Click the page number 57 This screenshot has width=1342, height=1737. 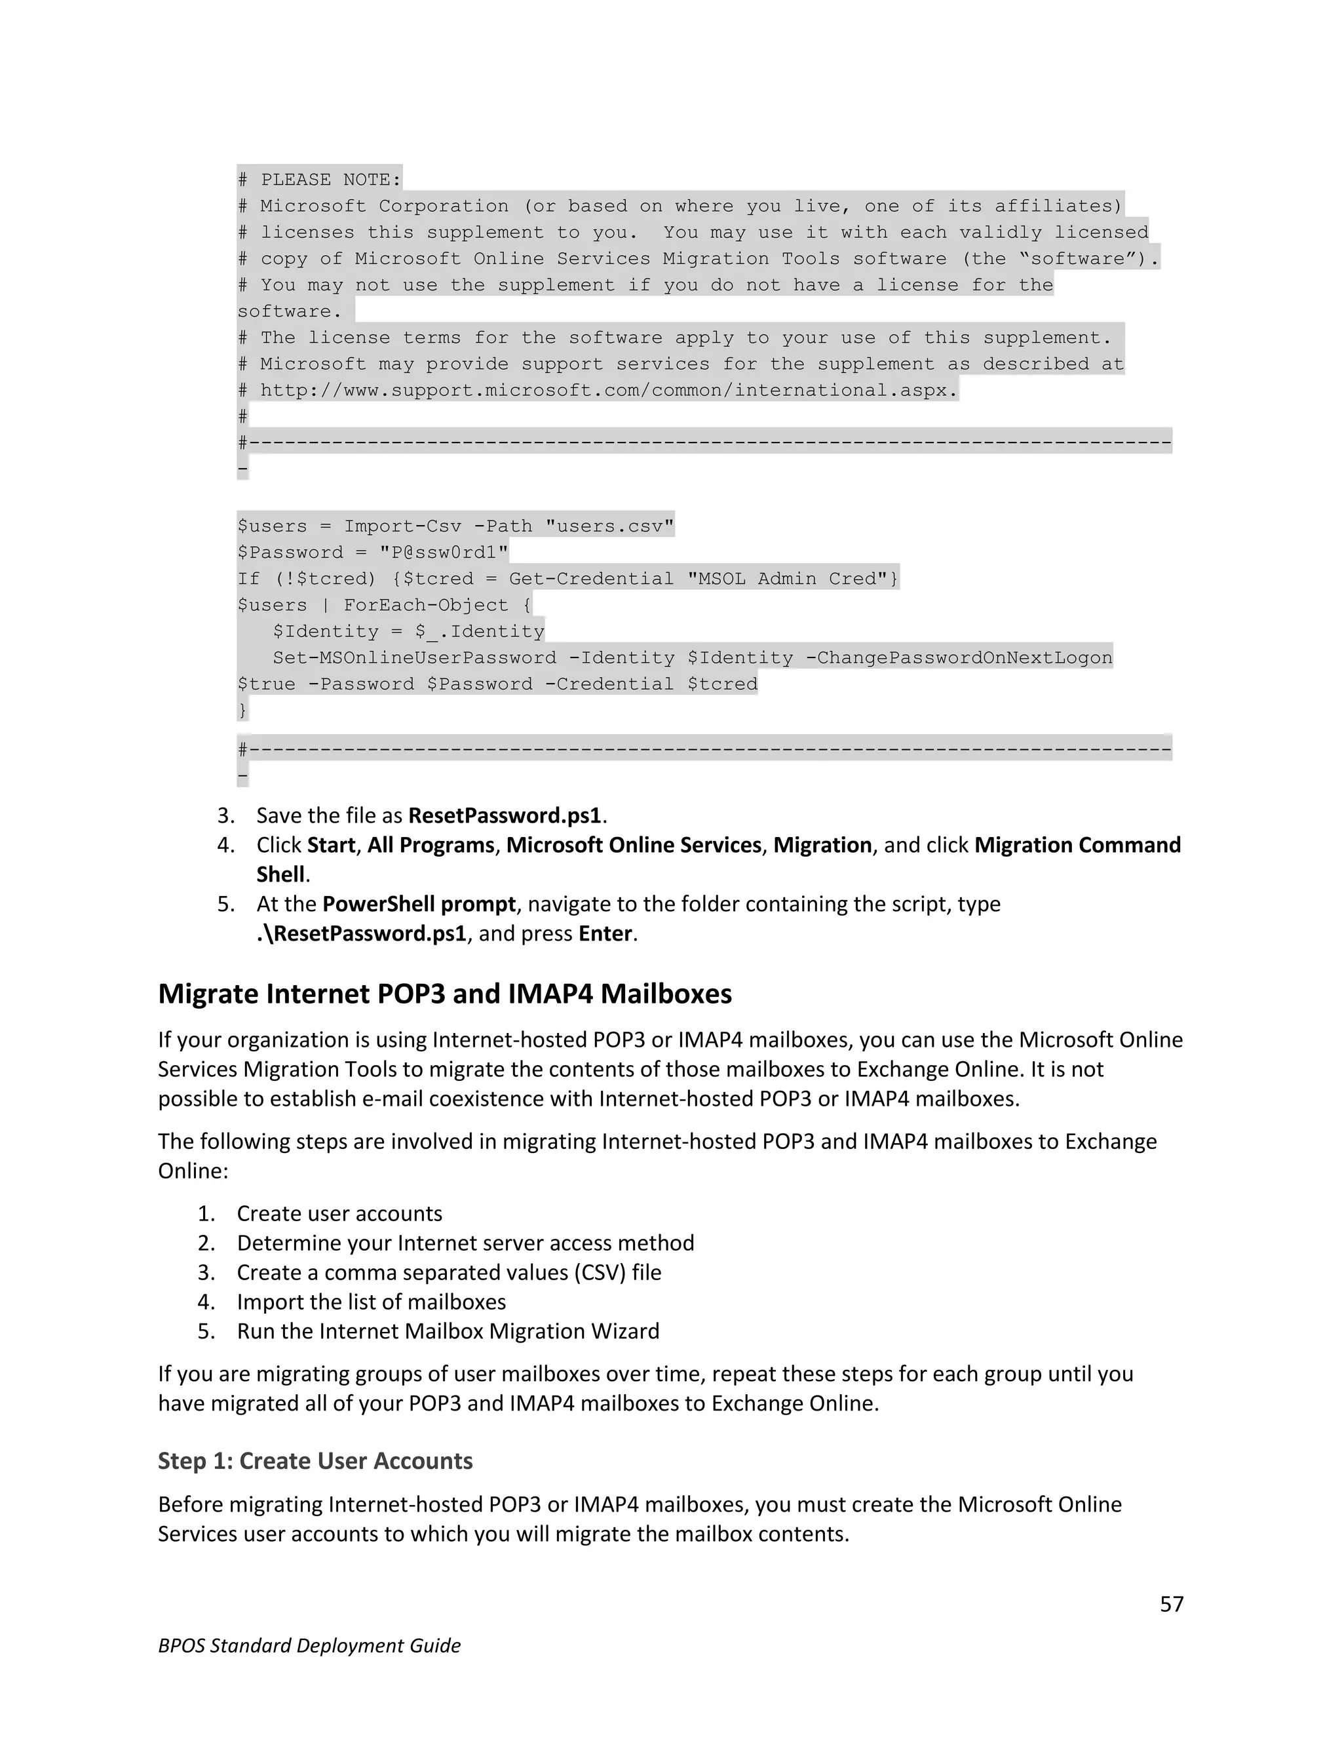1171,1603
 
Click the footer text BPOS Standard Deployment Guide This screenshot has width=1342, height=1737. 309,1645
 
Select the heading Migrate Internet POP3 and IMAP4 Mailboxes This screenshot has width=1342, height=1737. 444,994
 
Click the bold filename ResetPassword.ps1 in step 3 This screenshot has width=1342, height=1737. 505,815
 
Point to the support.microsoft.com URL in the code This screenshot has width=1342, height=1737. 608,391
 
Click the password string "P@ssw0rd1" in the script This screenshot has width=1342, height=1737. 444,552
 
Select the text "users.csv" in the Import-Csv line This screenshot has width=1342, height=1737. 610,526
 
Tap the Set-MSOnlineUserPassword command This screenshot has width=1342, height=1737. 414,657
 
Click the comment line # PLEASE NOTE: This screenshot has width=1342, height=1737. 320,180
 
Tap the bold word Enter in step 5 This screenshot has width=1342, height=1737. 605,933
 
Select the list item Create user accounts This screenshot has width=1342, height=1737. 339,1214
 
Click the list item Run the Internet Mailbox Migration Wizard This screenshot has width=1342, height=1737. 448,1331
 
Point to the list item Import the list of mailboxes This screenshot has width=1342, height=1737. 372,1302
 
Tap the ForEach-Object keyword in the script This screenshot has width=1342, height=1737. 425,604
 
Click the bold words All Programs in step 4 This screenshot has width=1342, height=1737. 430,845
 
